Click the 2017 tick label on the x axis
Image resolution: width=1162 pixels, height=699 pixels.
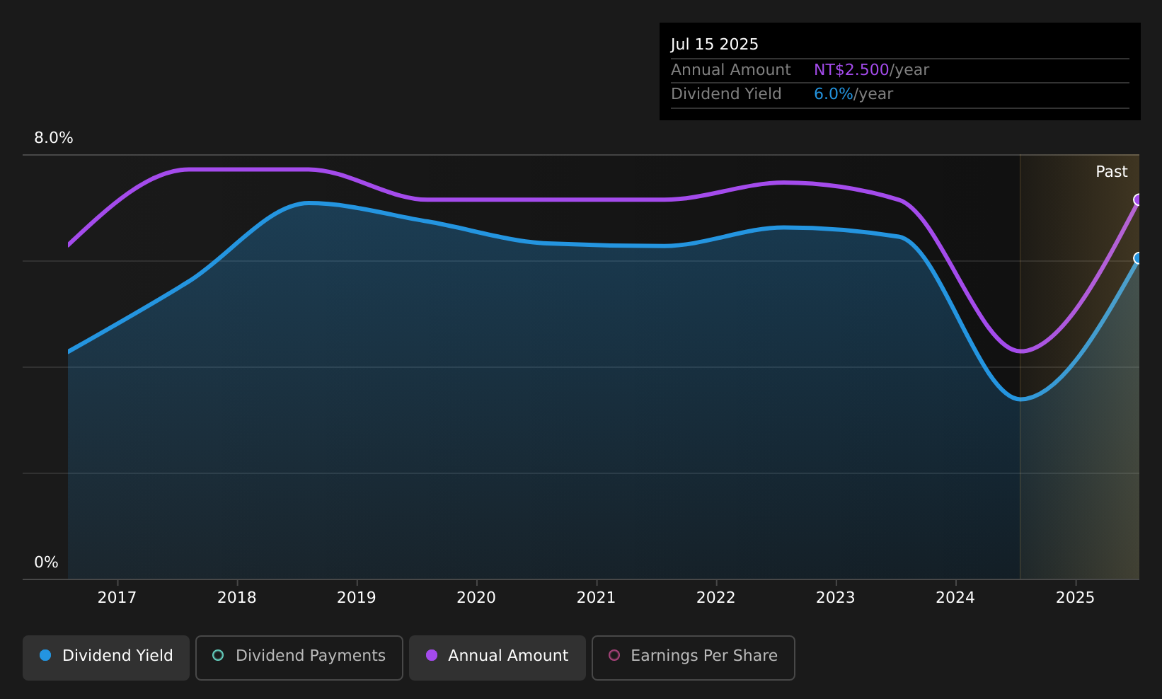click(117, 598)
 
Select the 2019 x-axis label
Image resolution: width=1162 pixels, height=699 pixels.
click(357, 598)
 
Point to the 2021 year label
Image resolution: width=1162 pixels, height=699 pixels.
click(596, 598)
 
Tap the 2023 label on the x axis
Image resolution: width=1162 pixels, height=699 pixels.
click(835, 598)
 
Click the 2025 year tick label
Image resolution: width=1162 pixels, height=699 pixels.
click(1076, 598)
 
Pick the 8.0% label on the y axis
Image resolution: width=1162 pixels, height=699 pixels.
click(54, 138)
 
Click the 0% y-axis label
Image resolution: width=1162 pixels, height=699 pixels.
click(46, 562)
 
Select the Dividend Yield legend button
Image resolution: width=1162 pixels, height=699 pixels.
click(106, 657)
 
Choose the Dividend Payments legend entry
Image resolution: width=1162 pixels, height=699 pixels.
click(299, 657)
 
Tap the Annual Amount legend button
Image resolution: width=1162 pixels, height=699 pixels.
click(497, 657)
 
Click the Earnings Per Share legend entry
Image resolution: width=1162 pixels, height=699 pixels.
click(694, 657)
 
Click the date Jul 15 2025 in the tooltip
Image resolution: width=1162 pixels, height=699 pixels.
click(714, 45)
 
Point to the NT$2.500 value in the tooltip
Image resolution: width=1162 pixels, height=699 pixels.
click(851, 70)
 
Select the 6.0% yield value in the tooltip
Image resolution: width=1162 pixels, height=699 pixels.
click(833, 94)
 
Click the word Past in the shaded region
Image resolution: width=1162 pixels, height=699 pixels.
click(1111, 172)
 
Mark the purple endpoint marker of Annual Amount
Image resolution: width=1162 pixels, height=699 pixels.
click(1138, 200)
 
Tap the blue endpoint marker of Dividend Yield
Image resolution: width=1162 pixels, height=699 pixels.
click(1138, 258)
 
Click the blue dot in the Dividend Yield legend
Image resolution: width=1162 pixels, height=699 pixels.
click(46, 655)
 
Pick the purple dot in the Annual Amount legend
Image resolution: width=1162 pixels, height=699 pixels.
click(432, 655)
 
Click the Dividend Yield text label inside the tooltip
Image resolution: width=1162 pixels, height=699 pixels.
click(726, 94)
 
